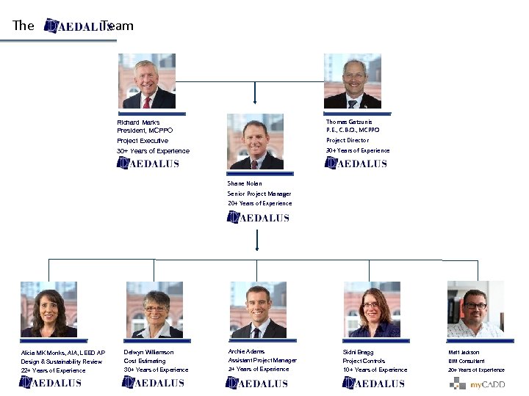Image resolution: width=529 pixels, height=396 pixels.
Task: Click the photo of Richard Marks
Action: pyautogui.click(x=148, y=81)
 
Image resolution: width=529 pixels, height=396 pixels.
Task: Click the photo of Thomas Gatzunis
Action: pyautogui.click(x=353, y=81)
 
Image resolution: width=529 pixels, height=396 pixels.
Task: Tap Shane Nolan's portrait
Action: pyautogui.click(x=255, y=142)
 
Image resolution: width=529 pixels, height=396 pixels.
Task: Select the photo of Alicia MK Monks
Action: pyautogui.click(x=48, y=309)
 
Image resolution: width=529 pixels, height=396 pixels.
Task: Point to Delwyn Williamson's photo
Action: pyautogui.click(x=154, y=309)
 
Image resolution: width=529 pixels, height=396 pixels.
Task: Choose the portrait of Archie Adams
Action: pyautogui.click(x=258, y=309)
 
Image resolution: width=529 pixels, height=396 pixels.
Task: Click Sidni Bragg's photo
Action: pyautogui.click(x=372, y=309)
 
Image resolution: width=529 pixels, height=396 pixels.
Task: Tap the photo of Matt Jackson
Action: pyautogui.click(x=475, y=309)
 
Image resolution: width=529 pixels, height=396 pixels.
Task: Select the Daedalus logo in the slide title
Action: pyautogui.click(x=78, y=26)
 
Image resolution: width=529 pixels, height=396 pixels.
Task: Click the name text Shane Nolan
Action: pyautogui.click(x=245, y=183)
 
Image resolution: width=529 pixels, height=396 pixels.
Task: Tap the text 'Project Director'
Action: pyautogui.click(x=348, y=140)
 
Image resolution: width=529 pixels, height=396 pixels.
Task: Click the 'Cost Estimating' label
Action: pyautogui.click(x=145, y=361)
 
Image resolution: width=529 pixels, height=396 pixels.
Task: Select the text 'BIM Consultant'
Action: pyautogui.click(x=467, y=361)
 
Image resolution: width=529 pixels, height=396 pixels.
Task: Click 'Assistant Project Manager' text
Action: pyautogui.click(x=262, y=360)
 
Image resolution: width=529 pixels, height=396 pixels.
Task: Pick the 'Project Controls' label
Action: pyautogui.click(x=364, y=361)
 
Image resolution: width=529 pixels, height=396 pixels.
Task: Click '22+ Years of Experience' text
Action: pyautogui.click(x=53, y=370)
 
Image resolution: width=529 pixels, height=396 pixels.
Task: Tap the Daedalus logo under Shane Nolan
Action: pyautogui.click(x=258, y=217)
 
